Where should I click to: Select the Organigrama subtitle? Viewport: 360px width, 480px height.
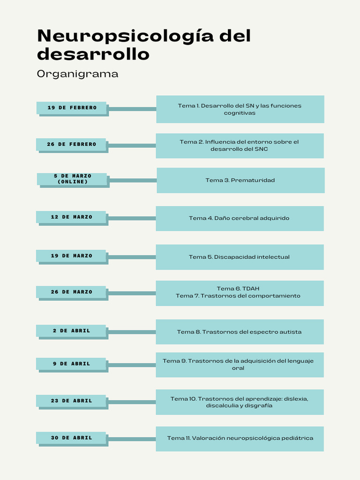click(77, 74)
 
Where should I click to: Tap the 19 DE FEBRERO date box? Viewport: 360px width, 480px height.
click(72, 108)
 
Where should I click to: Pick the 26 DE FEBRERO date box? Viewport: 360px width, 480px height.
click(71, 144)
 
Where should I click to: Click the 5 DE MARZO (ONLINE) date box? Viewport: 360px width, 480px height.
click(72, 179)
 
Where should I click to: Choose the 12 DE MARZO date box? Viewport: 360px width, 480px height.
click(71, 217)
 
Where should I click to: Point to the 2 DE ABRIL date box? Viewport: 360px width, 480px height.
click(71, 330)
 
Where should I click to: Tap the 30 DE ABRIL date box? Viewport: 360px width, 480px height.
click(71, 438)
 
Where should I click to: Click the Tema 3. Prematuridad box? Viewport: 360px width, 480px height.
click(240, 180)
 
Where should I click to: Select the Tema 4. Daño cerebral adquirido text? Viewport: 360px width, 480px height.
click(239, 218)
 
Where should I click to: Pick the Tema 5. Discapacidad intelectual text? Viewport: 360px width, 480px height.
click(239, 257)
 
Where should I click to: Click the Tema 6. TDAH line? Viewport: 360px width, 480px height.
click(238, 288)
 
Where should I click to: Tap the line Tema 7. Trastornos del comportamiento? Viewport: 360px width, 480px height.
click(238, 296)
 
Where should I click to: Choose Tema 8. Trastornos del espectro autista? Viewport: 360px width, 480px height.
click(239, 332)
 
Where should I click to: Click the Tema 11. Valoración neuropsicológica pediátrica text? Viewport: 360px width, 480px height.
click(240, 438)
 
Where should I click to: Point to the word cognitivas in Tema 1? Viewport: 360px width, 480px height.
click(240, 113)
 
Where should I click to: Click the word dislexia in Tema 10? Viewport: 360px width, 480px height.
click(293, 398)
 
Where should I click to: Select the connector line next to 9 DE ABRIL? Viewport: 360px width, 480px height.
click(132, 365)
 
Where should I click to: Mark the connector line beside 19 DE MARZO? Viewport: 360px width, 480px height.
click(132, 257)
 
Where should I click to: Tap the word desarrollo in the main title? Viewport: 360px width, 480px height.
click(93, 55)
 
